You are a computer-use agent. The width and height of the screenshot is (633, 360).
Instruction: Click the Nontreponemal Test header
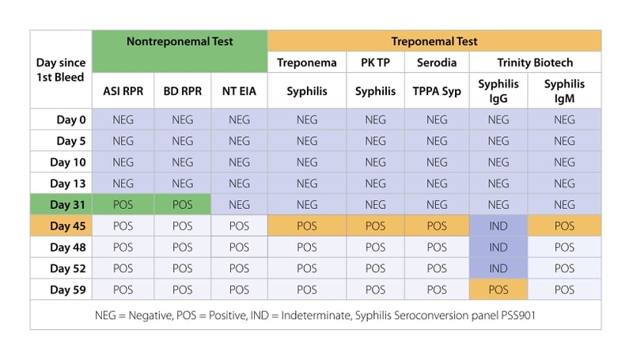180,41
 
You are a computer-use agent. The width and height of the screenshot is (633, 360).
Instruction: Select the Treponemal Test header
434,41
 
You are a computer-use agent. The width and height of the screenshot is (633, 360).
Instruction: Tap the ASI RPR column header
123,91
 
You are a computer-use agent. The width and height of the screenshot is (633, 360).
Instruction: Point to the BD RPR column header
182,91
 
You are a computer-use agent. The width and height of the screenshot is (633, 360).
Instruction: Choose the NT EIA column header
239,91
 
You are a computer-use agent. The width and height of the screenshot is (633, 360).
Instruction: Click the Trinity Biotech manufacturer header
535,63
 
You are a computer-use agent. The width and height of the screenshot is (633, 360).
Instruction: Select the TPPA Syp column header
437,91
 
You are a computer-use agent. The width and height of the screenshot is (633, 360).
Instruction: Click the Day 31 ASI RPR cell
123,205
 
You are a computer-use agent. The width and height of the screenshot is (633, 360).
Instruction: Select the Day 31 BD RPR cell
182,205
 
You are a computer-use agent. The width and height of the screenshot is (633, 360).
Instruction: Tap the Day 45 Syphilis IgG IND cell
498,225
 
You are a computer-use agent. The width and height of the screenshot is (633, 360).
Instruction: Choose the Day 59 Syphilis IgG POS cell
498,290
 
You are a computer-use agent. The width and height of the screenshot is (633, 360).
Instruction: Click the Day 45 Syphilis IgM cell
564,225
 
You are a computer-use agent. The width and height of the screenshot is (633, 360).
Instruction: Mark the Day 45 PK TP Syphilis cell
375,225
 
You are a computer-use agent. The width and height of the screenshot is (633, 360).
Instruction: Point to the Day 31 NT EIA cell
239,205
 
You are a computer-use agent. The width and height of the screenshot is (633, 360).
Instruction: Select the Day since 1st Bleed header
61,70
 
